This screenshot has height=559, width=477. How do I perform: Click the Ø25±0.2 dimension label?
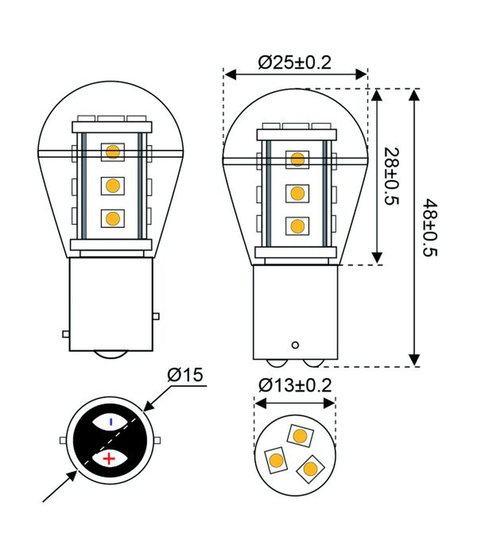coord(295,63)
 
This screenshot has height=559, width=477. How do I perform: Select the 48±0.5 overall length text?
coord(431,228)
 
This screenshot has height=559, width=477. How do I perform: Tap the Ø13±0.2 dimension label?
coord(295,386)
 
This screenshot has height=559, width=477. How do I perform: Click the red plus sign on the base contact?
coord(109,458)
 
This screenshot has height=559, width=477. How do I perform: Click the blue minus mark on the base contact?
coord(111,422)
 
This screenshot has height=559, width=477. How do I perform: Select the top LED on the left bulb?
coord(112,152)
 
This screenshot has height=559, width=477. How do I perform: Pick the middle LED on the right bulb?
coord(297,193)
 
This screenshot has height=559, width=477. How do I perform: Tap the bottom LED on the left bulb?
coord(112,218)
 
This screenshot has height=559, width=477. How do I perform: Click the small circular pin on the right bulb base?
coord(295,345)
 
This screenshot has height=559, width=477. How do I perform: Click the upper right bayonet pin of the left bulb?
coord(156,316)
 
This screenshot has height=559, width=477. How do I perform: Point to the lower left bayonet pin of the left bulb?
coord(66,334)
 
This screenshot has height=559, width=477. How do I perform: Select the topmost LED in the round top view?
coord(301,435)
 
